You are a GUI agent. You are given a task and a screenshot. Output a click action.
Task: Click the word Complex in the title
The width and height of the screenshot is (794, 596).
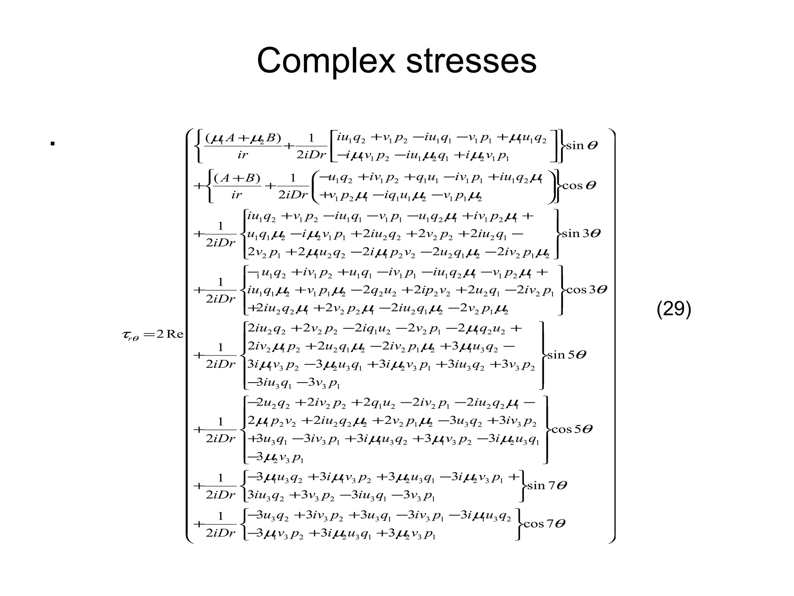click(326, 61)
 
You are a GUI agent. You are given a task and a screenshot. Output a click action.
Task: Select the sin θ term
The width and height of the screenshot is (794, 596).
click(582, 146)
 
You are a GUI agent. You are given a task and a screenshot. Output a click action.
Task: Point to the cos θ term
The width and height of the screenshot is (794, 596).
click(579, 185)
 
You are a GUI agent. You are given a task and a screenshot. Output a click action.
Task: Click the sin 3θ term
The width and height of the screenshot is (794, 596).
click(581, 234)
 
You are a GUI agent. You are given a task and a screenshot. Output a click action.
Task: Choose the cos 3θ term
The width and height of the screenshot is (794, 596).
click(587, 289)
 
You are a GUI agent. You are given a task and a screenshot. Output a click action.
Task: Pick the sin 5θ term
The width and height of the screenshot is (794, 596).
click(566, 355)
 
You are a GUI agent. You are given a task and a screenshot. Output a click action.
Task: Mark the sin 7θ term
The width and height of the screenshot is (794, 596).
click(547, 485)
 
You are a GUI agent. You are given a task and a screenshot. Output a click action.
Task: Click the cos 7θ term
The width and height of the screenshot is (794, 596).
click(544, 524)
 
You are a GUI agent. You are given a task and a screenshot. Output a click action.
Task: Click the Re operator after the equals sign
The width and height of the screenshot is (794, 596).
click(174, 334)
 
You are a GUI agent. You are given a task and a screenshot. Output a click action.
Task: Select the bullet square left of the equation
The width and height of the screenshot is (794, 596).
click(52, 144)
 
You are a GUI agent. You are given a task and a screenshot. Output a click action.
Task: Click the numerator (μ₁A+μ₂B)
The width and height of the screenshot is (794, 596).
click(243, 138)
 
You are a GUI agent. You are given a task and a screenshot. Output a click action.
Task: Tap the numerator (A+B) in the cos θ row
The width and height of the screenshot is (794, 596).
click(237, 178)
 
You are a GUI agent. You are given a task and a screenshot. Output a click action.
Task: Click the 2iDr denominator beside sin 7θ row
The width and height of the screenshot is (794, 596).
click(220, 495)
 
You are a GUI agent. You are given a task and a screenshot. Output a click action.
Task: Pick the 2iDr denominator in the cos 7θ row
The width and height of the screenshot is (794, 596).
click(220, 534)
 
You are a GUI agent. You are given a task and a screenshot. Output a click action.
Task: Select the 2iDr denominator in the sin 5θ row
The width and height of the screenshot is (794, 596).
click(220, 364)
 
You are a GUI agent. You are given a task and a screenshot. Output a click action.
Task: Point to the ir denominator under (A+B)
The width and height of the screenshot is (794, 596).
click(236, 195)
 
